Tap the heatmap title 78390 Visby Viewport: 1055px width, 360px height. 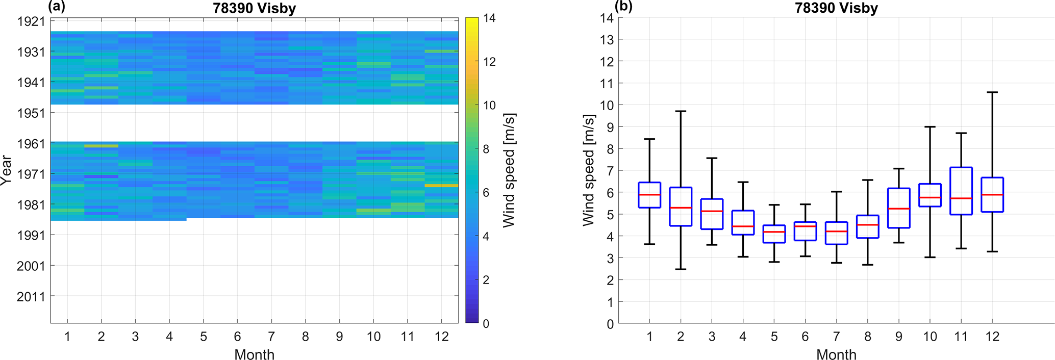click(x=254, y=8)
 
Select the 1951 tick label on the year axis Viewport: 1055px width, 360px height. click(x=31, y=113)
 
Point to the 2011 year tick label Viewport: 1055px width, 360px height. click(x=31, y=296)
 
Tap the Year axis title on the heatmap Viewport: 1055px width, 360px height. click(x=7, y=170)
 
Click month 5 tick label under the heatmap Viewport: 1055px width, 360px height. click(x=204, y=337)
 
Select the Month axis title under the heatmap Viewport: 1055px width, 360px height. click(x=254, y=354)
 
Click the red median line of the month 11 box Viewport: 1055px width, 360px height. click(x=961, y=198)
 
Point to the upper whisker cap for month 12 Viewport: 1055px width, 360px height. click(x=992, y=92)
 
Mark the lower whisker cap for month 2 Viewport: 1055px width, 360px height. click(x=681, y=269)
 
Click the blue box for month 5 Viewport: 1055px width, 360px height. click(x=774, y=234)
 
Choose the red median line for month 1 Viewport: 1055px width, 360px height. click(x=649, y=195)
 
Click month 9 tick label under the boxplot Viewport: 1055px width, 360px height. click(x=898, y=337)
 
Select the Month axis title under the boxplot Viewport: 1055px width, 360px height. click(x=836, y=354)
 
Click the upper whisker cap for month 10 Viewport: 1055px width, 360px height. click(x=930, y=126)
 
